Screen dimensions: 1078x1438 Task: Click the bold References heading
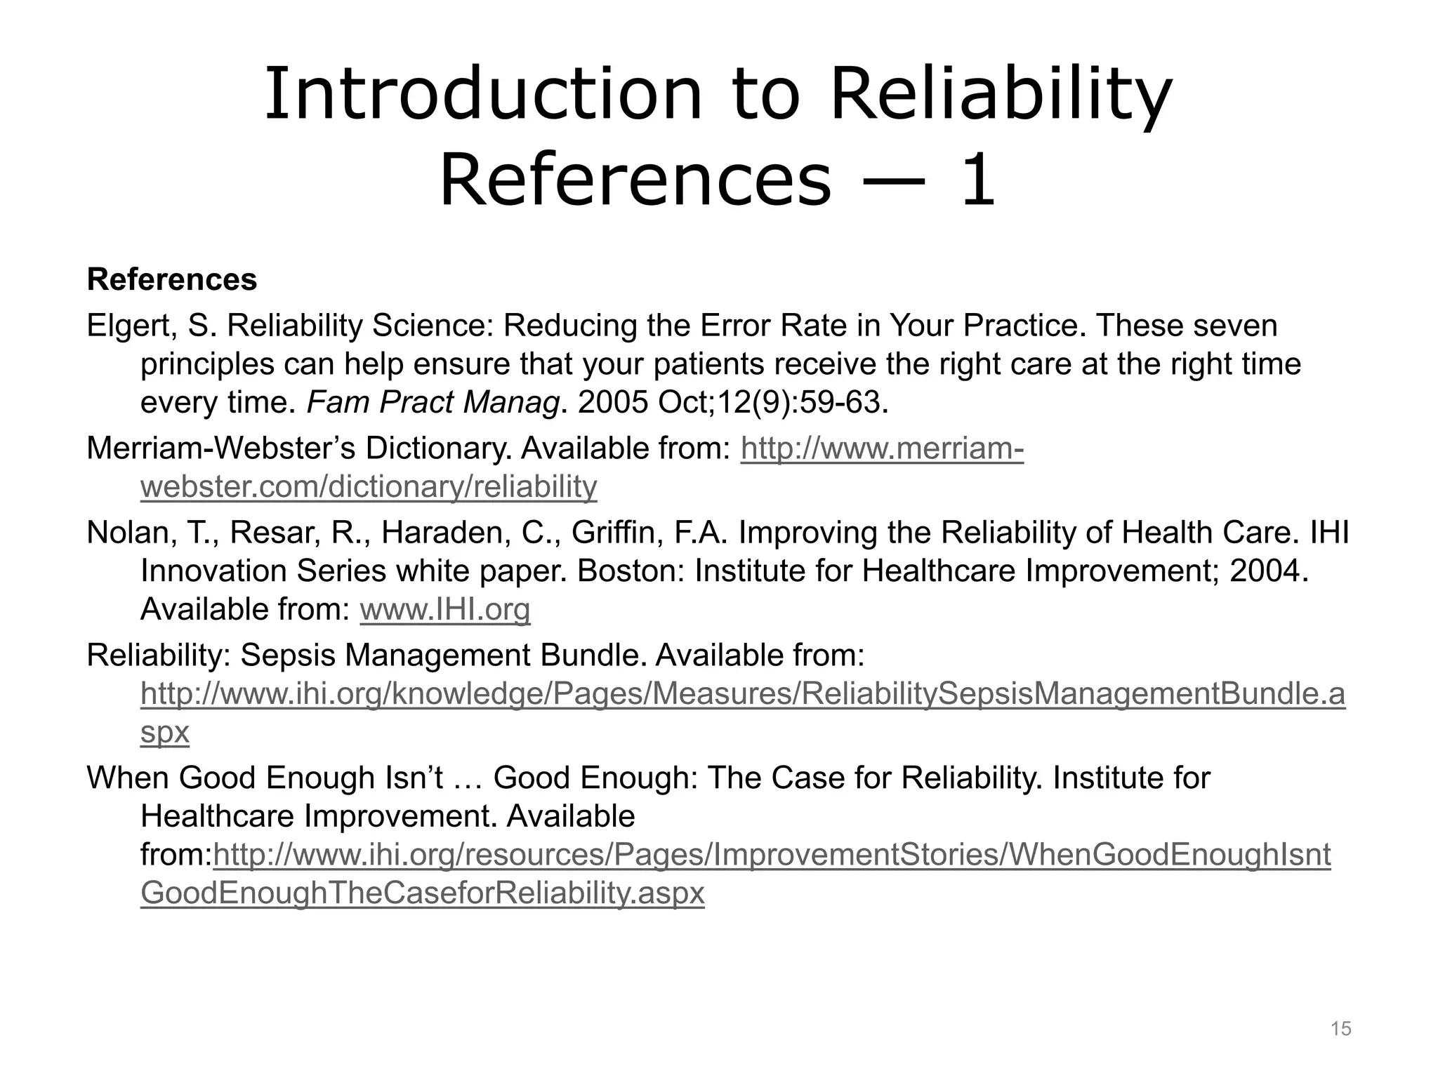pos(172,280)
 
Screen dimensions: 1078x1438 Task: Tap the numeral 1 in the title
pos(978,181)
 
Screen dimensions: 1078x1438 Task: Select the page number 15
pos(1340,1029)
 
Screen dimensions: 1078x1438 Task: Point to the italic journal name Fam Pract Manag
pos(434,403)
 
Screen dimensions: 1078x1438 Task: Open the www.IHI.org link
pos(444,610)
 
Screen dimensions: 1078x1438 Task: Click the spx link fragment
pos(165,733)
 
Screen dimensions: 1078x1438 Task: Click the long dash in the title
pos(895,181)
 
